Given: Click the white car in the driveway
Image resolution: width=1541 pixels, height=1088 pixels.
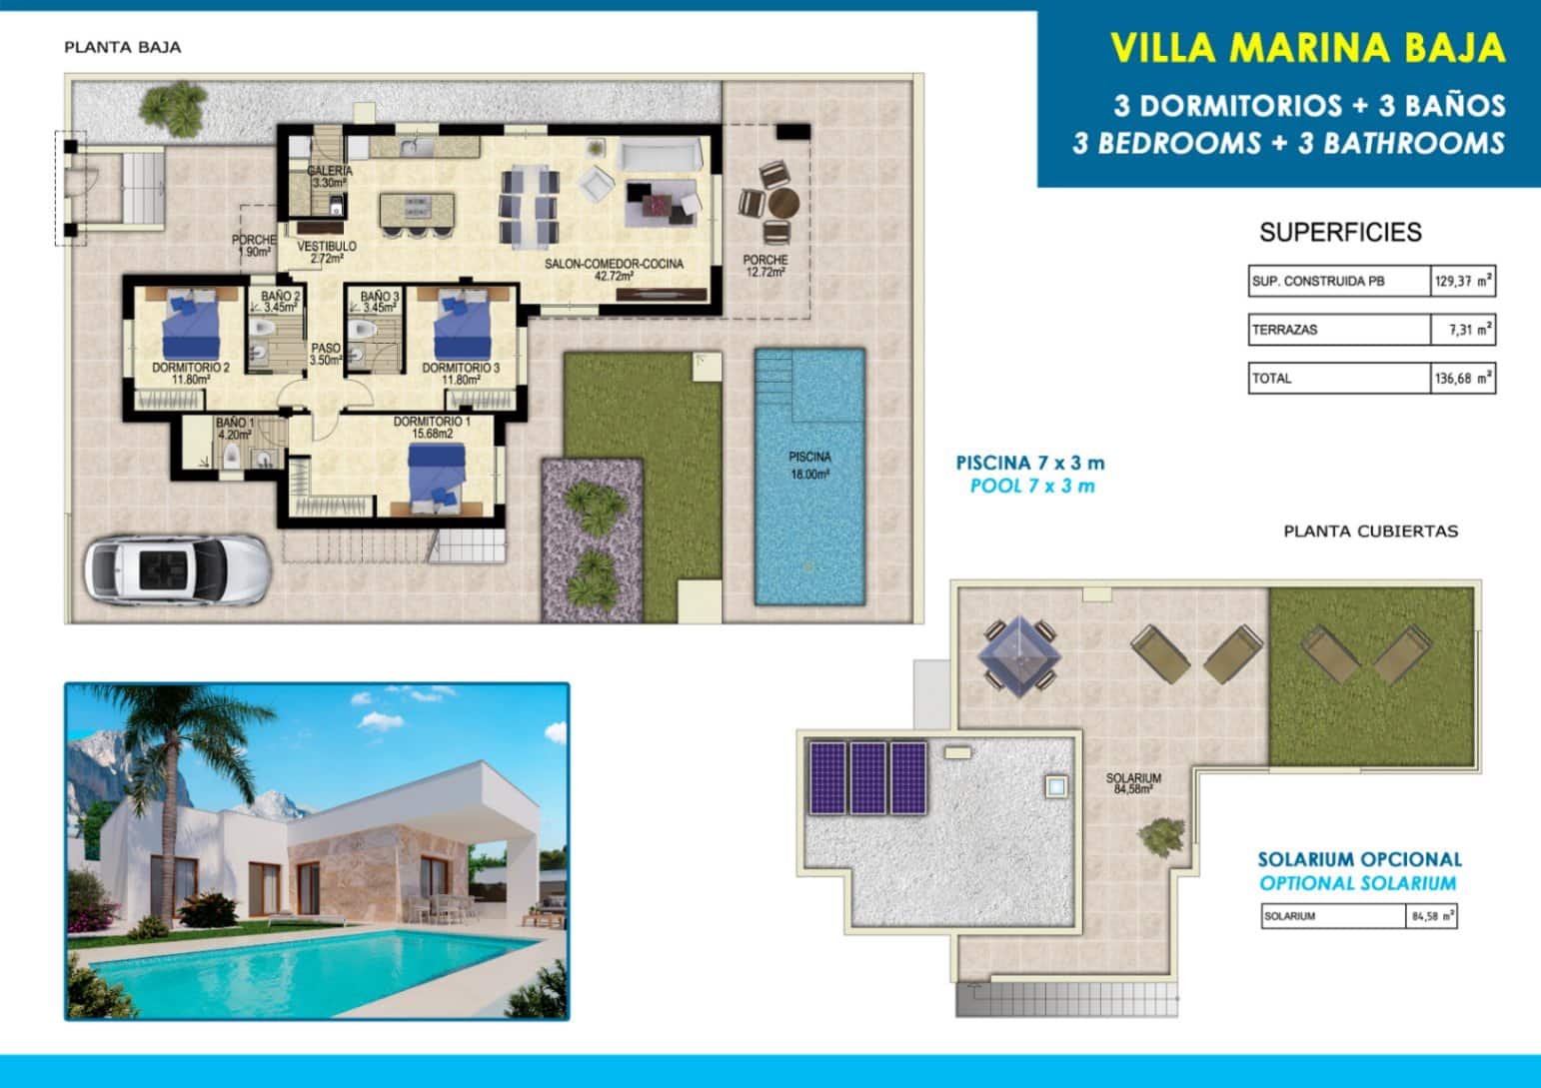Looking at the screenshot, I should coord(177,569).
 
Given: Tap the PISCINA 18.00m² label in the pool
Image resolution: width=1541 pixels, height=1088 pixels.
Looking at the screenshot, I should coord(809,466).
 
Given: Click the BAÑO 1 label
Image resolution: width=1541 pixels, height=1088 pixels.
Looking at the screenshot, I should coord(234,429).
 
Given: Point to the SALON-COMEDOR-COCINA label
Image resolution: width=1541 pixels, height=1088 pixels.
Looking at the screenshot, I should coord(614,269).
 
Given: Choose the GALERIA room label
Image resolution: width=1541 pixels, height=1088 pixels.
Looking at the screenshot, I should coord(329,177).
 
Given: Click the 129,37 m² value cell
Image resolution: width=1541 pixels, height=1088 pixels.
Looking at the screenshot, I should coord(1462,282).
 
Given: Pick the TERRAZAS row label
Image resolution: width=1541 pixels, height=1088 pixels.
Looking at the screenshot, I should coord(1285,330).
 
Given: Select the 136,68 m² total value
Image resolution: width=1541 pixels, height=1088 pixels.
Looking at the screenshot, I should coord(1462,379).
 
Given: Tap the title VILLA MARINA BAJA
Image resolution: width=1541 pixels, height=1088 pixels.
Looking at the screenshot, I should coord(1307,48).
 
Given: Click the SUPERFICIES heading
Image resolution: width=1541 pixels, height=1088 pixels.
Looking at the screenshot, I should coord(1340,233).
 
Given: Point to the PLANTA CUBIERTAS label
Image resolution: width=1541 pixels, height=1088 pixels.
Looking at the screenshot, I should coord(1370,532).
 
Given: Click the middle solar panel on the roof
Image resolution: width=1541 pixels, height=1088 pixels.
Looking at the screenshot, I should coord(867,777).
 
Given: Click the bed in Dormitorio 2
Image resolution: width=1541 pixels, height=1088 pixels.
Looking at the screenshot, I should coord(191,324).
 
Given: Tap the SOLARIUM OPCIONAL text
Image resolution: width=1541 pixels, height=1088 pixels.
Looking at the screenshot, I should coord(1359,859).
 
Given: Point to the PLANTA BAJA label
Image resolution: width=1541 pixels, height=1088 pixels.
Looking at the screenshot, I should coord(122,47).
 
